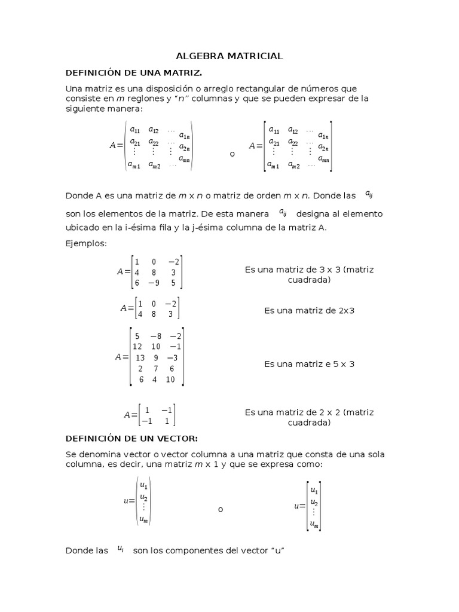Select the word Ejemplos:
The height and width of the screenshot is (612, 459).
pos(85,243)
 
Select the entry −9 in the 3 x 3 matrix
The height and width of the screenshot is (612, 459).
pos(154,283)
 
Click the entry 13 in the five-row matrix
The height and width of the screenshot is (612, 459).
pos(140,357)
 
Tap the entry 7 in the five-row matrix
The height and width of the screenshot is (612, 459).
pos(156,368)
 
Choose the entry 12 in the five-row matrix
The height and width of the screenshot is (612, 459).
pos(137,347)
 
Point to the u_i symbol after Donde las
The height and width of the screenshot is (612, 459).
pos(121,548)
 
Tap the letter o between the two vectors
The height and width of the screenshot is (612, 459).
pos(221,509)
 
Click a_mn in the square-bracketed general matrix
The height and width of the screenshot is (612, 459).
pos(323,158)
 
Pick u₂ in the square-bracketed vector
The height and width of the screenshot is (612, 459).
pos(314,502)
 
